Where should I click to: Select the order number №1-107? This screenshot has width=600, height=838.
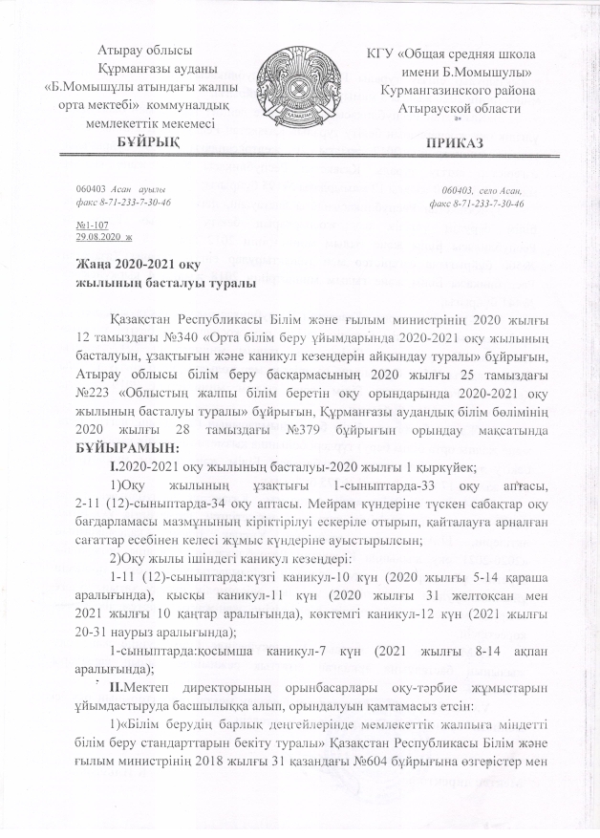coord(90,225)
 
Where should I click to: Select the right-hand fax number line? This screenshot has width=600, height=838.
coord(475,204)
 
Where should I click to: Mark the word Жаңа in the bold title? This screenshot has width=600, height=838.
coord(95,265)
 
